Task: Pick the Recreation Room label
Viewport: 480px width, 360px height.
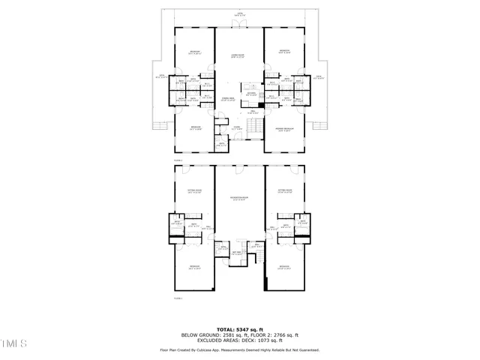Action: point(239,199)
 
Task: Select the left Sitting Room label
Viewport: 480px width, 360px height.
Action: point(195,192)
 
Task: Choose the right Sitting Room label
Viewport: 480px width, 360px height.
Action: point(284,192)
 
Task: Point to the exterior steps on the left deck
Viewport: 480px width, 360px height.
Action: point(158,124)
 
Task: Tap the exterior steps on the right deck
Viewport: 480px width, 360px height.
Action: point(321,124)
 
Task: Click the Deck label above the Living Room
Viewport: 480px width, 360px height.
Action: point(239,14)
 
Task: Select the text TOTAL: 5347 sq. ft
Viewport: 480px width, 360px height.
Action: point(239,329)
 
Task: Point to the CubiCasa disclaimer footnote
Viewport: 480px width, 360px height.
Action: point(239,349)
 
